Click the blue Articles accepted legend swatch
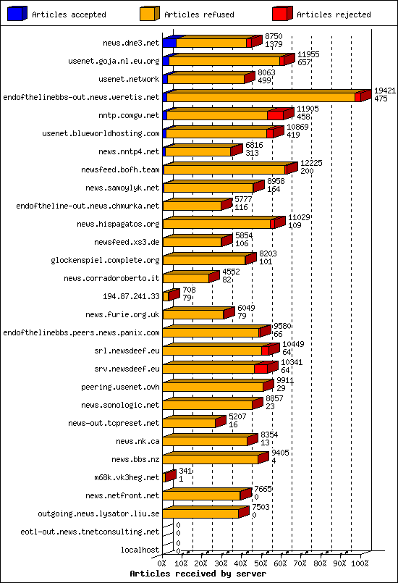coord(17,14)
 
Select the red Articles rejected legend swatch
coord(282,14)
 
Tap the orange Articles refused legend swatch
coord(150,14)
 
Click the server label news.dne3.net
coord(131,43)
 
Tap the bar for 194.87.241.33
coord(169,296)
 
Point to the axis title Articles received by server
coord(191,573)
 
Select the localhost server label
coord(140,550)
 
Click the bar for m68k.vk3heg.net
coord(170,477)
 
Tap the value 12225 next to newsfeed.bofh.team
coord(311,163)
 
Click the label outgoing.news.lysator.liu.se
coord(98,513)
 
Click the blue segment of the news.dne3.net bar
coord(169,43)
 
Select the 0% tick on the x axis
coord(162,562)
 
